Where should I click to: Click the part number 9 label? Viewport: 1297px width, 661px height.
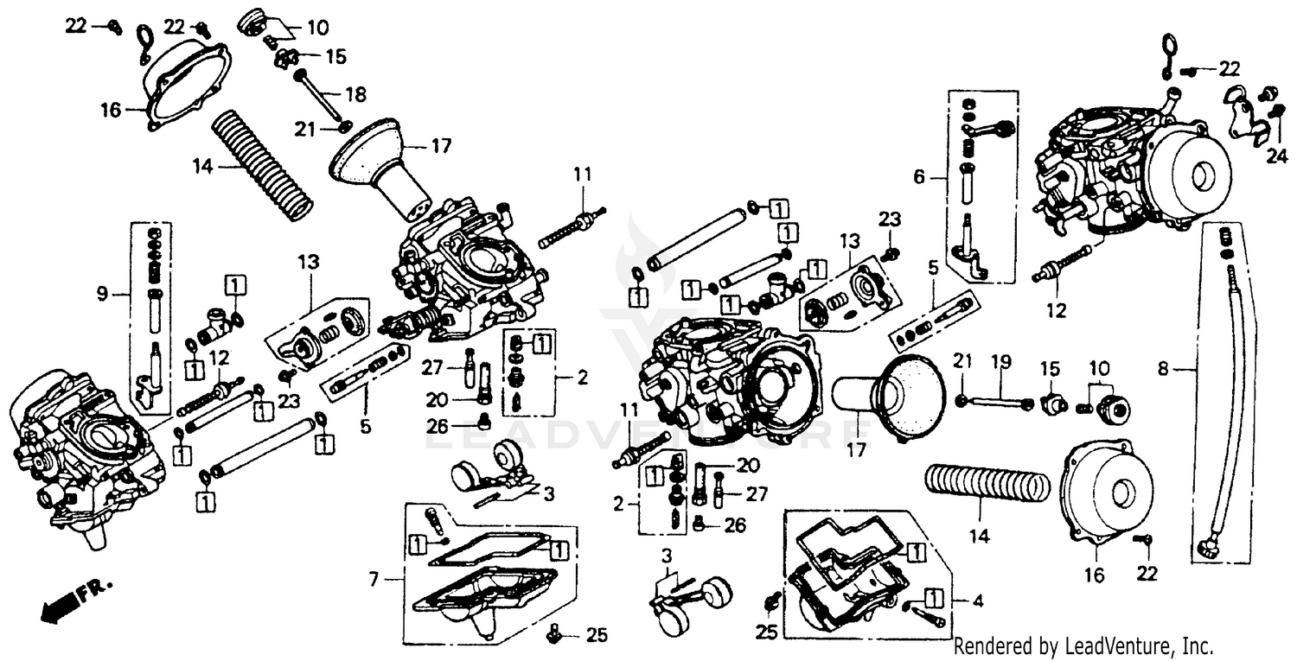click(x=102, y=296)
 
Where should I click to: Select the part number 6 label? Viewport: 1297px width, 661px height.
click(x=919, y=178)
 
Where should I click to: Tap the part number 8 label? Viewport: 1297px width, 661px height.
click(x=1163, y=369)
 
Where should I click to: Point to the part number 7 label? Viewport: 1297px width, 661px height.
click(x=374, y=580)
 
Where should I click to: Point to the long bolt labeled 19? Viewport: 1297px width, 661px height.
click(x=994, y=401)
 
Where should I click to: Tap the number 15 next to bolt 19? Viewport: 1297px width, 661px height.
click(x=1050, y=369)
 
